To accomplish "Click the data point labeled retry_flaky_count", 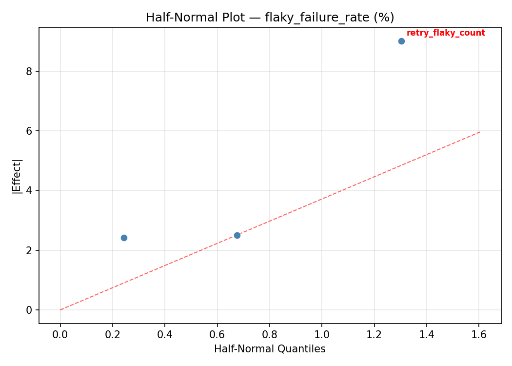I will click(x=401, y=41).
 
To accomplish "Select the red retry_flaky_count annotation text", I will click(x=446, y=33).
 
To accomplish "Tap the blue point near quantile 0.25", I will click(x=124, y=238).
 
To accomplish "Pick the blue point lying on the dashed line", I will click(x=237, y=235).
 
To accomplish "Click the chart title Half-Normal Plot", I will click(x=270, y=18).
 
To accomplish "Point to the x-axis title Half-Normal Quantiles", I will click(x=270, y=349).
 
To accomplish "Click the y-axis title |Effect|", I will click(x=18, y=176).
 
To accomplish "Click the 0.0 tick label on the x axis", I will click(x=60, y=335).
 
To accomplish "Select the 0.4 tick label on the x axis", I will click(x=165, y=335).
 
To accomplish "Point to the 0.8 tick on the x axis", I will click(x=270, y=335).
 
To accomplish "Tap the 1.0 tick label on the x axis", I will click(x=322, y=335).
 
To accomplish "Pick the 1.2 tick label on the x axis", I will click(x=374, y=335).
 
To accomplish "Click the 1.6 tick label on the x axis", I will click(x=479, y=335).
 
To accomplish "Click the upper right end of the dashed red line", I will click(x=480, y=132).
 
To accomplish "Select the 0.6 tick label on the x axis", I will click(x=217, y=335).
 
